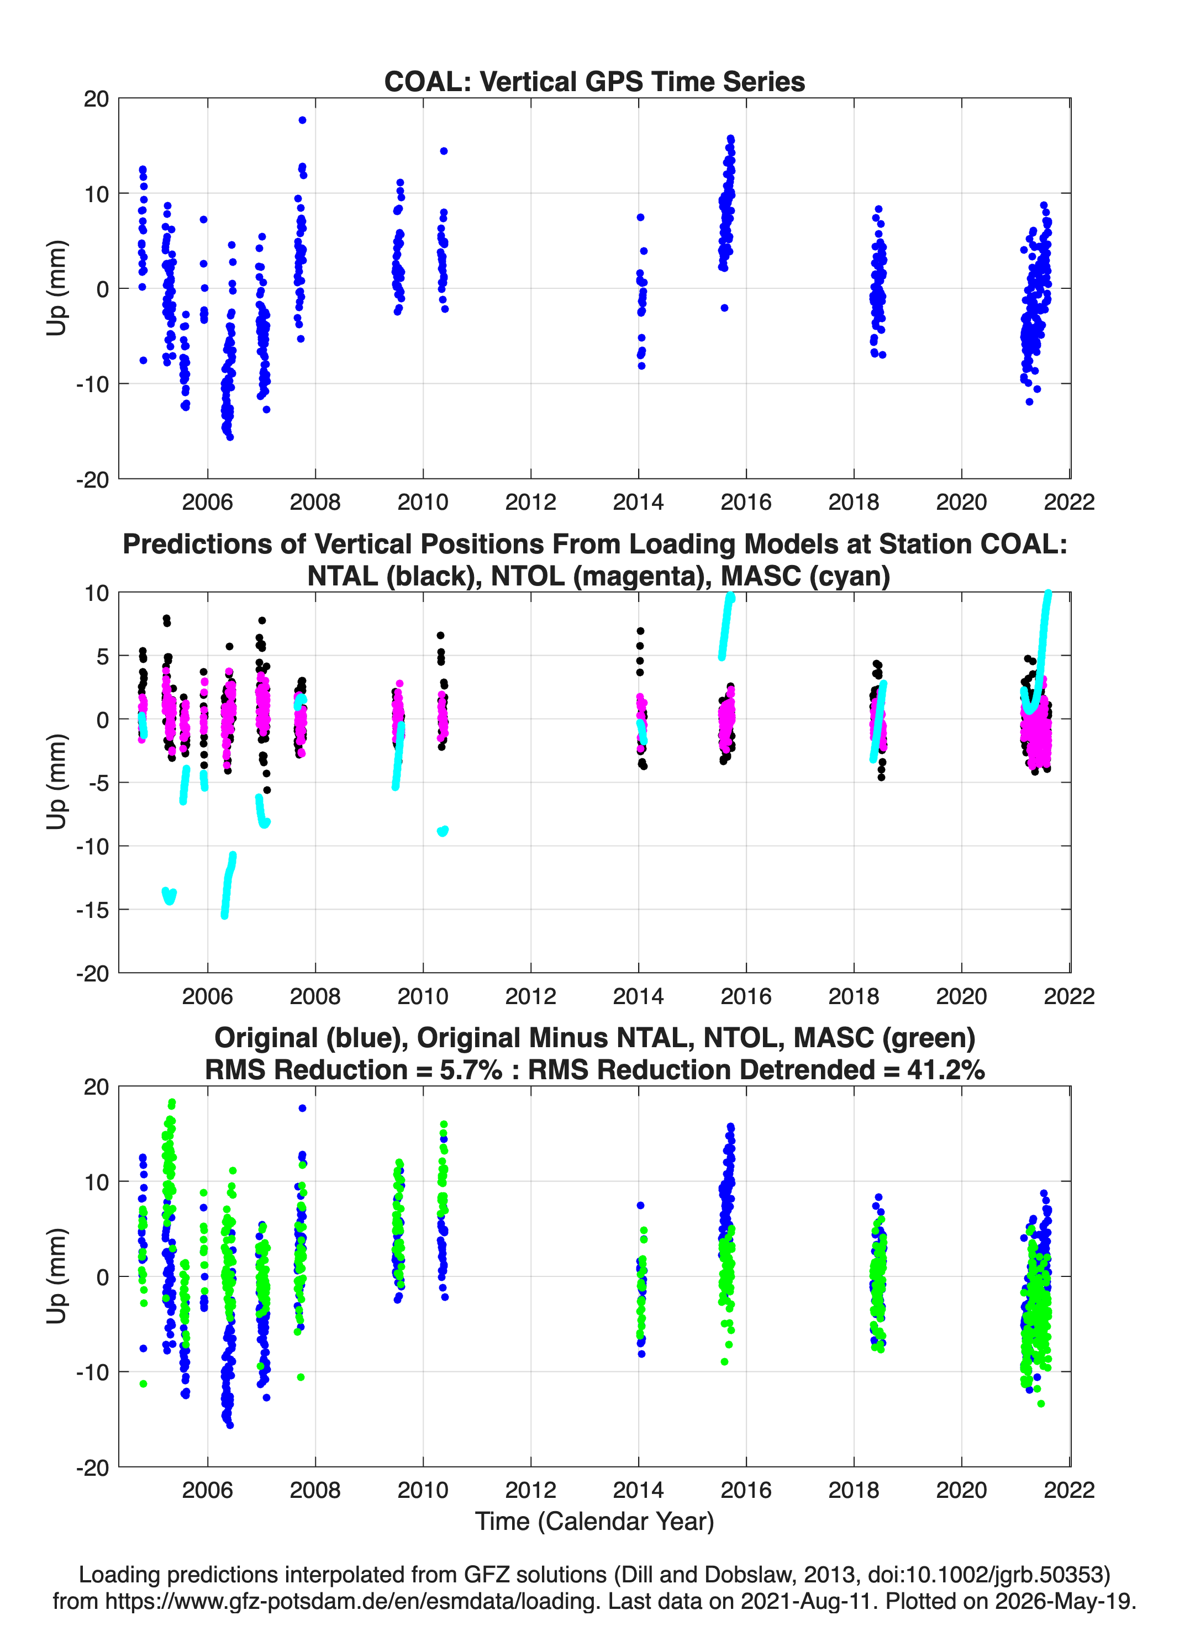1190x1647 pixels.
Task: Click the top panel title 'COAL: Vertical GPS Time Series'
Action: pos(594,81)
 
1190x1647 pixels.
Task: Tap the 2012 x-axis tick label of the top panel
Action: pos(530,502)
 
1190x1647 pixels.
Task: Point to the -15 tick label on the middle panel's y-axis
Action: pos(92,909)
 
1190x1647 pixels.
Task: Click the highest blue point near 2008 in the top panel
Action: pos(302,120)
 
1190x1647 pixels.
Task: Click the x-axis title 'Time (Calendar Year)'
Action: pos(594,1521)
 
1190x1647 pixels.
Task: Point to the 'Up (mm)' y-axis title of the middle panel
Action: pos(57,782)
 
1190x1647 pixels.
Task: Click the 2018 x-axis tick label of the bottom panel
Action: pos(854,1490)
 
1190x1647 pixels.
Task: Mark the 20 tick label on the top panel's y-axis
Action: pos(96,99)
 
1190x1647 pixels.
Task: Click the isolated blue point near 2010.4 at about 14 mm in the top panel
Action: pos(444,151)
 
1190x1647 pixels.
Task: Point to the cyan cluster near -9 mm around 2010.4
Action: pos(443,831)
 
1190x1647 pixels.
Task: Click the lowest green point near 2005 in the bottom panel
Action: pos(143,1384)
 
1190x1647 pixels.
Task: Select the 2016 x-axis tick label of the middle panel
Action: pos(746,996)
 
